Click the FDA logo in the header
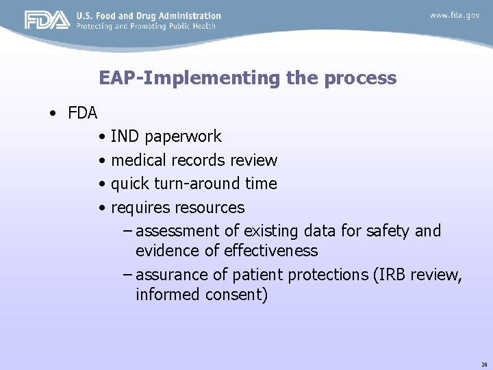47,21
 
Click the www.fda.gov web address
455,15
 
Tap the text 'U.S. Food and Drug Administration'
149,16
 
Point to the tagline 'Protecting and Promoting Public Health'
146,26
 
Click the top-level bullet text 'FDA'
83,112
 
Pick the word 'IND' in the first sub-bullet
124,137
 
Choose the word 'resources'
210,207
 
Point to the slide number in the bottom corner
483,365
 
